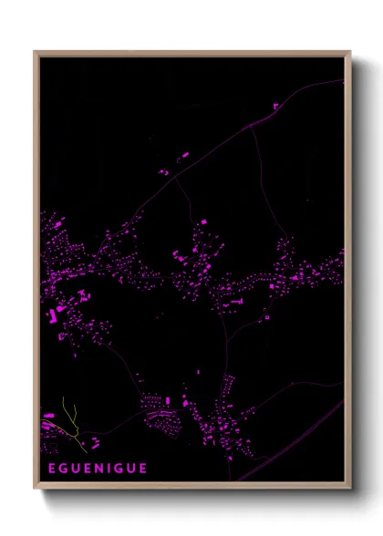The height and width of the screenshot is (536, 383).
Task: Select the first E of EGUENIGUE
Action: tap(50, 469)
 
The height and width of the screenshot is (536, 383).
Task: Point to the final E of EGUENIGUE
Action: tap(143, 469)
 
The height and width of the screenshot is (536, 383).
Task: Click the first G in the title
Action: tap(62, 469)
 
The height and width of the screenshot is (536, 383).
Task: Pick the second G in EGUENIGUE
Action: tap(119, 469)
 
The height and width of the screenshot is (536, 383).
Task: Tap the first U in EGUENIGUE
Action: tap(75, 469)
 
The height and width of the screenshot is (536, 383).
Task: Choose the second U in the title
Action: tap(131, 469)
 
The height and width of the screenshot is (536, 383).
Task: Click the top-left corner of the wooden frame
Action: tap(35, 51)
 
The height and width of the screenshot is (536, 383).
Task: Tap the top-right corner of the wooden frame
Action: tap(350, 51)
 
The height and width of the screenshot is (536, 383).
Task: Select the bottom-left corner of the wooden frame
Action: tap(35, 489)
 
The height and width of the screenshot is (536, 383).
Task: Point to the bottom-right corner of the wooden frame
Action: tap(350, 489)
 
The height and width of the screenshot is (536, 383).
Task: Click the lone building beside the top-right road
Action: tap(275, 106)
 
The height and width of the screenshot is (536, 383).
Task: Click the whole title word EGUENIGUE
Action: tap(97, 469)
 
